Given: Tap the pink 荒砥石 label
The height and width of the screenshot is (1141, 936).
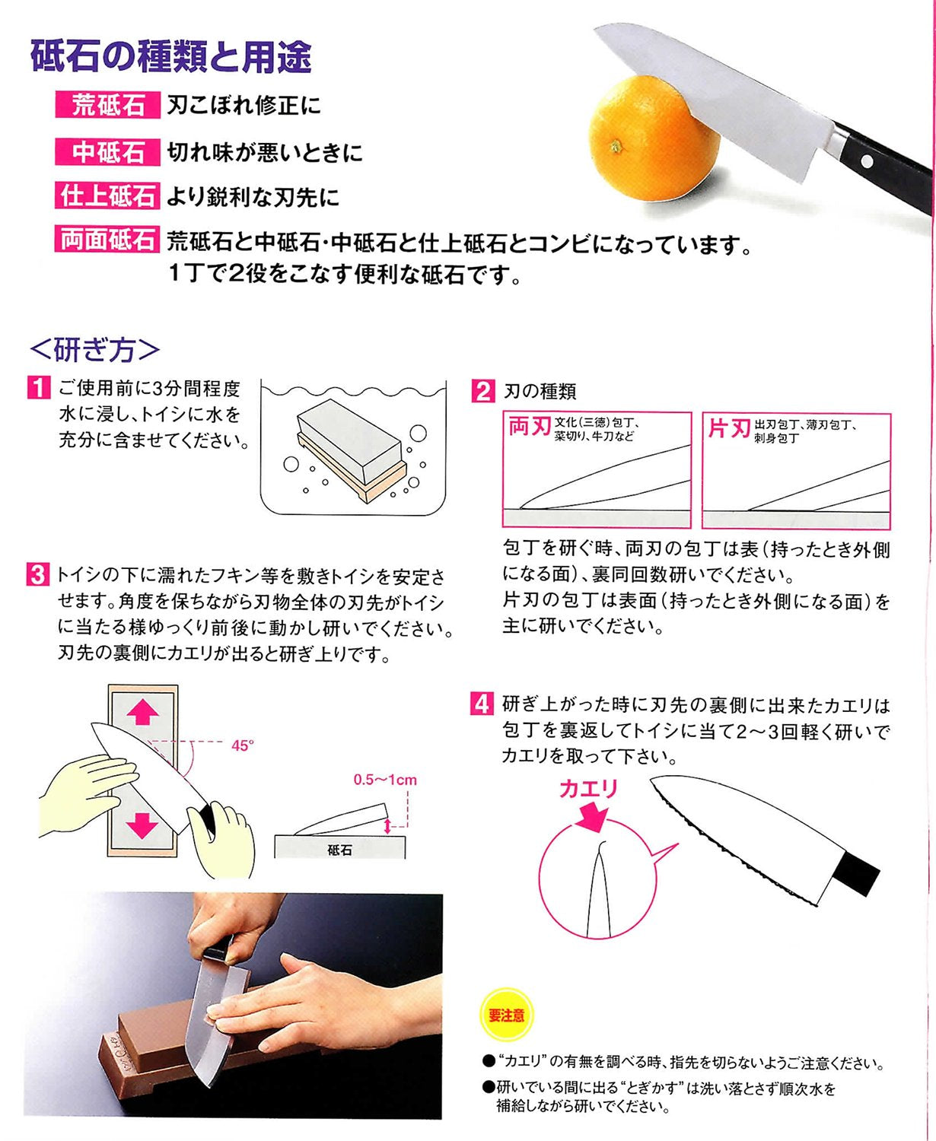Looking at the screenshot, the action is (108, 104).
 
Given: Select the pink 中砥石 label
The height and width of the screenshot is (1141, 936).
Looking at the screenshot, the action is (108, 151).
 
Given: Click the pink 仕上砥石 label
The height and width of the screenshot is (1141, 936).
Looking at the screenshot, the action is (108, 195).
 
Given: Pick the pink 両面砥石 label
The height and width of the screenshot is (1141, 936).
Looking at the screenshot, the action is (108, 239).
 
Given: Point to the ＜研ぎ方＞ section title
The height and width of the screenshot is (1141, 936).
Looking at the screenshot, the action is (94, 350).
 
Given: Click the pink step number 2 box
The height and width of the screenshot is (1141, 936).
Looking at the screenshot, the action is (483, 391).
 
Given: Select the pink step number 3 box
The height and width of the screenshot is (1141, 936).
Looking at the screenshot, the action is (37, 574).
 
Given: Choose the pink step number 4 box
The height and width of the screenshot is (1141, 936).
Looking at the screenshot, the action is (481, 704).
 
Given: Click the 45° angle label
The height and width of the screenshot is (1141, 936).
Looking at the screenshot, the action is (243, 745).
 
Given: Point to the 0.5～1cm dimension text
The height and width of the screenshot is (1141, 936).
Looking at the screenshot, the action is (385, 780).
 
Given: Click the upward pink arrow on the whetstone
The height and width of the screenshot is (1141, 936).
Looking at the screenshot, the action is (142, 711).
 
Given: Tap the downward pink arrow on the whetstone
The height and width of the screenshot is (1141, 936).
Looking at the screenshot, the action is (142, 825).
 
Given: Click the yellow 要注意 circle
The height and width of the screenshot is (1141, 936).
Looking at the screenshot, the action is (507, 1015).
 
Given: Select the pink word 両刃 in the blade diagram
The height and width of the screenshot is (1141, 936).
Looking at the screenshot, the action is (530, 427).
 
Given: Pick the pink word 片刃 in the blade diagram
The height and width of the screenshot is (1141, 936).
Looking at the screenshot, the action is (729, 429).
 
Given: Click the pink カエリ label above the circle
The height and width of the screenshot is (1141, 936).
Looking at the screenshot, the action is (588, 789).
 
